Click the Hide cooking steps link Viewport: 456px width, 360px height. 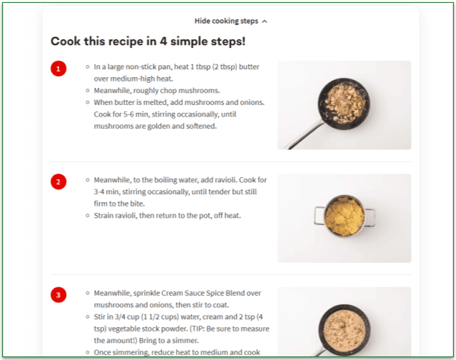(226, 21)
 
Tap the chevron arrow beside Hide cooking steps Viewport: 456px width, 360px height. (264, 21)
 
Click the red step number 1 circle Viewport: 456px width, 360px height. (59, 69)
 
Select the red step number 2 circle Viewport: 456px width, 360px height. (59, 181)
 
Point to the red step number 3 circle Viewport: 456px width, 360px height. (59, 294)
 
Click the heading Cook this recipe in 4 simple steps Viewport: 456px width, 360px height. (148, 41)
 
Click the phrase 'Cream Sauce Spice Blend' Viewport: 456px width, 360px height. (208, 293)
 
